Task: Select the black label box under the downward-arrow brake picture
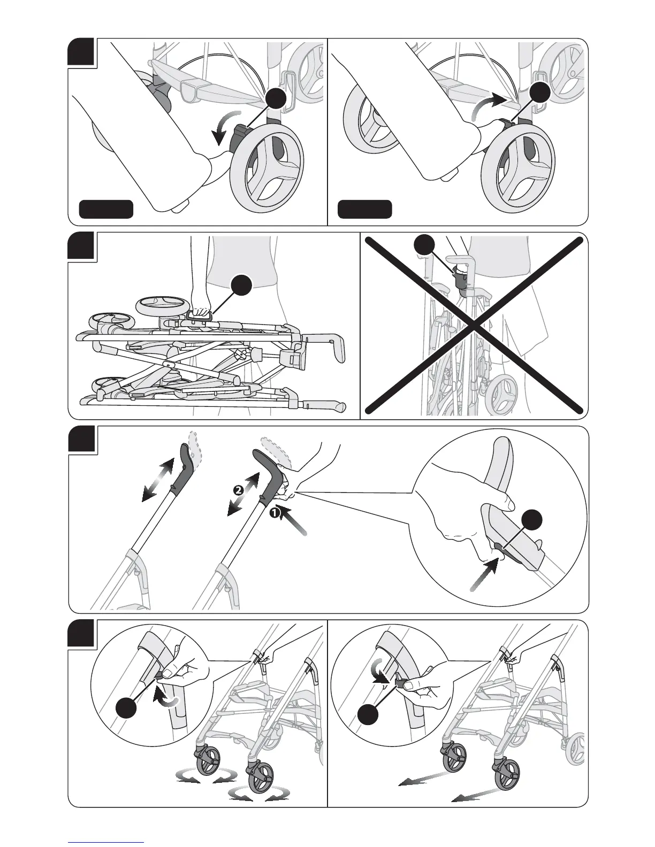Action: tap(106, 209)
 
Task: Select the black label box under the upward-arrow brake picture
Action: tap(364, 209)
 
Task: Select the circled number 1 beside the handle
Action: tap(273, 513)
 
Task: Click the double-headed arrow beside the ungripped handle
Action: tap(158, 480)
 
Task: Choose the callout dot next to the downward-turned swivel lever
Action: tap(370, 714)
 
